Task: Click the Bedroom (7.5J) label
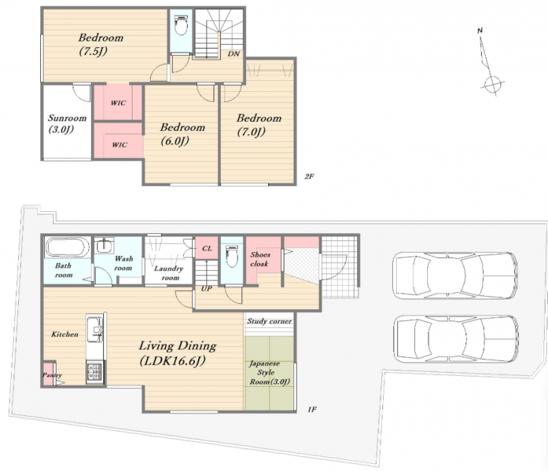[101, 44]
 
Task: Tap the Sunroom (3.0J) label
[67, 123]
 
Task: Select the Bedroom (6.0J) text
[182, 134]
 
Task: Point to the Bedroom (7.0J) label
[259, 125]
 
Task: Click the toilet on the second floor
[181, 25]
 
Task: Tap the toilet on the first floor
[232, 256]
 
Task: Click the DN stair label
[234, 53]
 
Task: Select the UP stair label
[206, 289]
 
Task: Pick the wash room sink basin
[104, 246]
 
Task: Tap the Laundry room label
[169, 273]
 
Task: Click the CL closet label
[207, 248]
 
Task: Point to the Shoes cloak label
[259, 259]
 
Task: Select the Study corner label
[270, 321]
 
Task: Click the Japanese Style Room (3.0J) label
[269, 373]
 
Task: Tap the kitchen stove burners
[94, 373]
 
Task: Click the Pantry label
[52, 375]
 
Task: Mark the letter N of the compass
[480, 31]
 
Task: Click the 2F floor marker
[309, 176]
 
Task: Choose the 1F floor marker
[312, 409]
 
